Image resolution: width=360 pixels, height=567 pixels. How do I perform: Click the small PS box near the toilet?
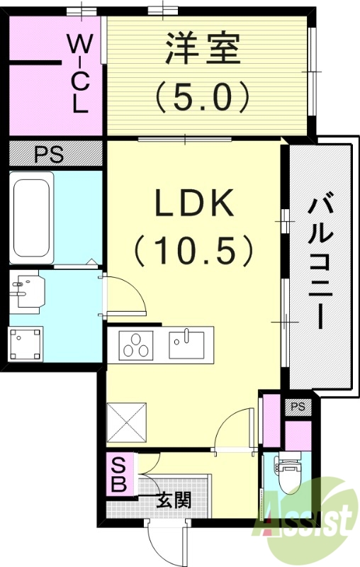298,407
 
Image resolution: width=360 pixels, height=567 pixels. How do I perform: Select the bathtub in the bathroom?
32,218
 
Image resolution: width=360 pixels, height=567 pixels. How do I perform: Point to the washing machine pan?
26,344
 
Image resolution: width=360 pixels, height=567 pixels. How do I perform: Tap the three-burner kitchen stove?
136,346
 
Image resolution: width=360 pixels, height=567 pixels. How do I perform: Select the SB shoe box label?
118,475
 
